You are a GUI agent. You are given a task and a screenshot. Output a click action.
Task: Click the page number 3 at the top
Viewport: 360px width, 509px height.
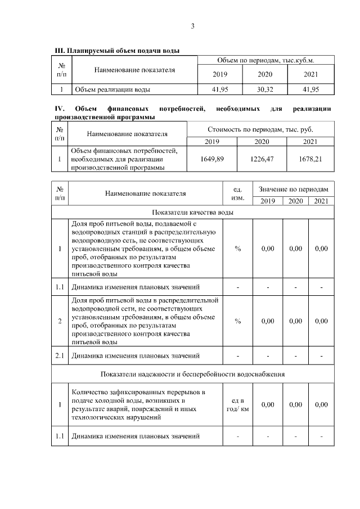click(192, 26)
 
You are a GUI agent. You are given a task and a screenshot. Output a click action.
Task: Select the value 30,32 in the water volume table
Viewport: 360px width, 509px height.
click(265, 89)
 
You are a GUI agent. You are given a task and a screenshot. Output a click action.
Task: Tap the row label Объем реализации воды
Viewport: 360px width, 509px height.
click(112, 89)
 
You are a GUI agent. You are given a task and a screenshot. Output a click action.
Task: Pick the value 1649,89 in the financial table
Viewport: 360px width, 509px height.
click(212, 159)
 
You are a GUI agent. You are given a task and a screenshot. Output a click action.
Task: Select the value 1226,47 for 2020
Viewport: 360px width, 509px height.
click(262, 159)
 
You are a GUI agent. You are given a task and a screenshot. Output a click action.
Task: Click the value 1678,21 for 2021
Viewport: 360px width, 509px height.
click(310, 159)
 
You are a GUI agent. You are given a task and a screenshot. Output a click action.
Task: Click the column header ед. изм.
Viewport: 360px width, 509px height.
click(237, 193)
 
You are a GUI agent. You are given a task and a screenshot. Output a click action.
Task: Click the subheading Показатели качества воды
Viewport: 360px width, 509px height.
click(193, 212)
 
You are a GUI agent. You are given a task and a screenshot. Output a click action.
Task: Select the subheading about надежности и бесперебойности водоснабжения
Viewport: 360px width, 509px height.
click(193, 373)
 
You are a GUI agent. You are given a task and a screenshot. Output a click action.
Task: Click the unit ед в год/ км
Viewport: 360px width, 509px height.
click(237, 404)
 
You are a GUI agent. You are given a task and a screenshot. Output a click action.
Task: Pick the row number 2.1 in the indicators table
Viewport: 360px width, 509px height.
click(60, 355)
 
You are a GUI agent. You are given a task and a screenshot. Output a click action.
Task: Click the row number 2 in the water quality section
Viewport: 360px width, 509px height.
click(60, 321)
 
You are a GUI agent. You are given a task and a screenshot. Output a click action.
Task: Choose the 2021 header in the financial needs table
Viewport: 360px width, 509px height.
click(310, 141)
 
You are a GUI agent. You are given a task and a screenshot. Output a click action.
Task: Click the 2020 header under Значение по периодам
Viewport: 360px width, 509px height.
click(295, 201)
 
